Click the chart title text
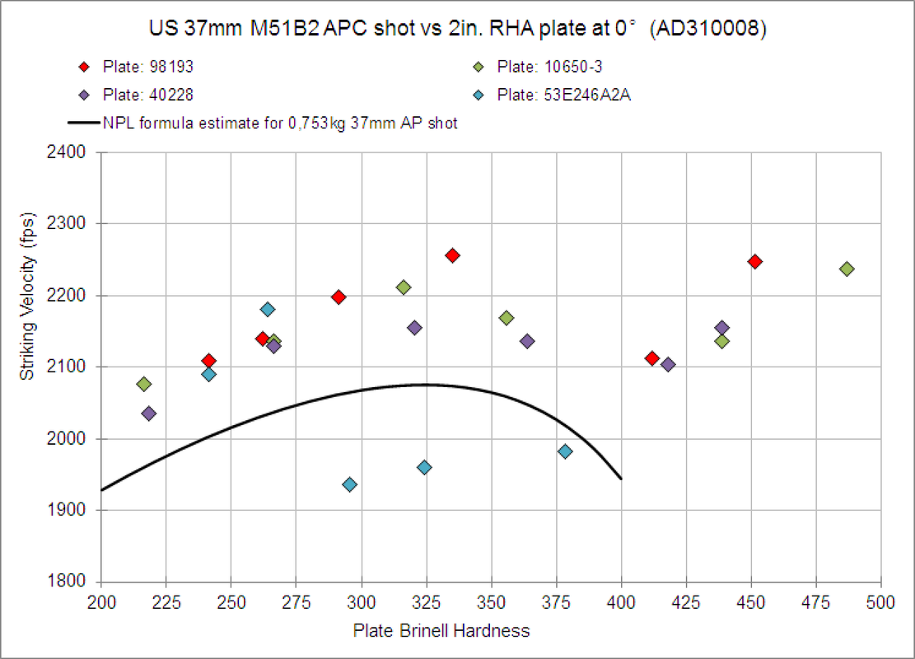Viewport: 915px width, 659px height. click(457, 29)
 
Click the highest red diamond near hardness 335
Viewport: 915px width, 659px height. click(452, 255)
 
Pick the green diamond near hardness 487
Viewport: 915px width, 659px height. click(847, 269)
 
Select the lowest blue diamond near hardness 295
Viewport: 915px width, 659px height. click(349, 484)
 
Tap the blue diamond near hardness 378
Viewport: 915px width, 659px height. click(565, 451)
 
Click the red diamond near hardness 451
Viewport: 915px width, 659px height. click(754, 262)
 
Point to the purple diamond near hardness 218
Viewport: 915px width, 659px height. click(149, 414)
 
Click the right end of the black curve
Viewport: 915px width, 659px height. click(620, 478)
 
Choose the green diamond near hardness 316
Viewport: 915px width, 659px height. click(404, 287)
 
